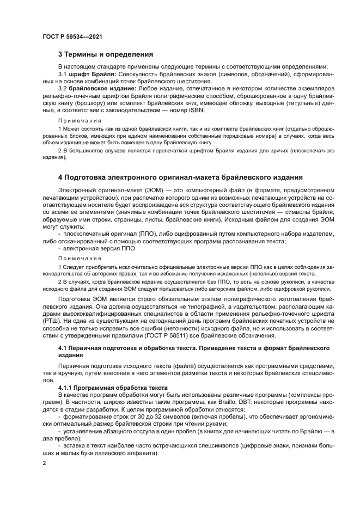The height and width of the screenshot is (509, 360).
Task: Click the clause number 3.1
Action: click(62, 73)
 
